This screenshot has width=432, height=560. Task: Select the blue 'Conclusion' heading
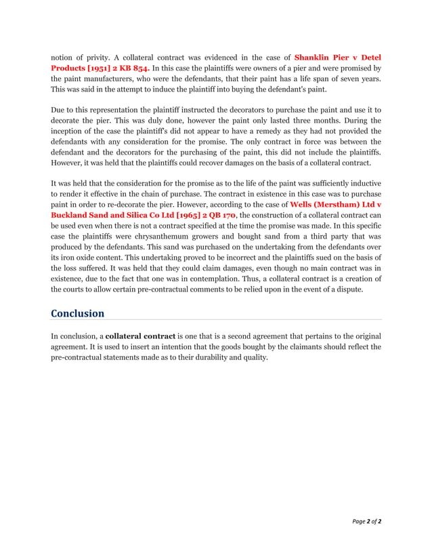78,313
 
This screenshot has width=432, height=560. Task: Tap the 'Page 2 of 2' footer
366,521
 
